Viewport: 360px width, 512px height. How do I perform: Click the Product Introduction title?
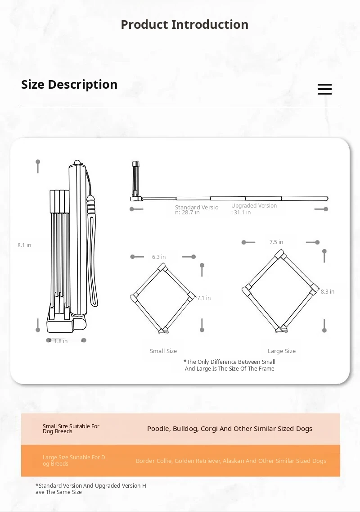click(x=184, y=24)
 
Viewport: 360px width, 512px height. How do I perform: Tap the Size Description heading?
click(x=69, y=85)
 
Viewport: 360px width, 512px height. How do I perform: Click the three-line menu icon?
click(x=324, y=89)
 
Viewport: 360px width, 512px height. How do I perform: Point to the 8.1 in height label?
click(x=25, y=245)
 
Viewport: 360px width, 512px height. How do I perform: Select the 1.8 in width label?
click(x=61, y=341)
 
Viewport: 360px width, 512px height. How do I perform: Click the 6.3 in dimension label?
click(x=159, y=257)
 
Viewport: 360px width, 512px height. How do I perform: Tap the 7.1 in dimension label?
click(x=204, y=298)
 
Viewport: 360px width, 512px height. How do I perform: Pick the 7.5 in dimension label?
click(x=276, y=242)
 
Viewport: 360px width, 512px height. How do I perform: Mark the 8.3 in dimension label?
click(x=328, y=292)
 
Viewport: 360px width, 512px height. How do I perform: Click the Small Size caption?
click(x=163, y=351)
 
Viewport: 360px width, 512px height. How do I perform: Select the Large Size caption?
click(x=282, y=351)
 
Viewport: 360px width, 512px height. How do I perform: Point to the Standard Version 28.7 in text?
click(x=197, y=210)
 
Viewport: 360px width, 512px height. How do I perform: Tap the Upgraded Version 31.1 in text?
click(x=254, y=209)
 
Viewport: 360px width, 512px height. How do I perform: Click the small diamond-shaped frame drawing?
click(x=163, y=298)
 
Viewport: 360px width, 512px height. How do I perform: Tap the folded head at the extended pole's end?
click(x=135, y=180)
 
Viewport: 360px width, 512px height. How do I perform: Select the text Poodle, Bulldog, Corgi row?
click(x=229, y=429)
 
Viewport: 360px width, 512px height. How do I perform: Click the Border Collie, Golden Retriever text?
click(x=231, y=461)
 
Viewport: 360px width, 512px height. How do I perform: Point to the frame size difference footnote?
click(x=229, y=365)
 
